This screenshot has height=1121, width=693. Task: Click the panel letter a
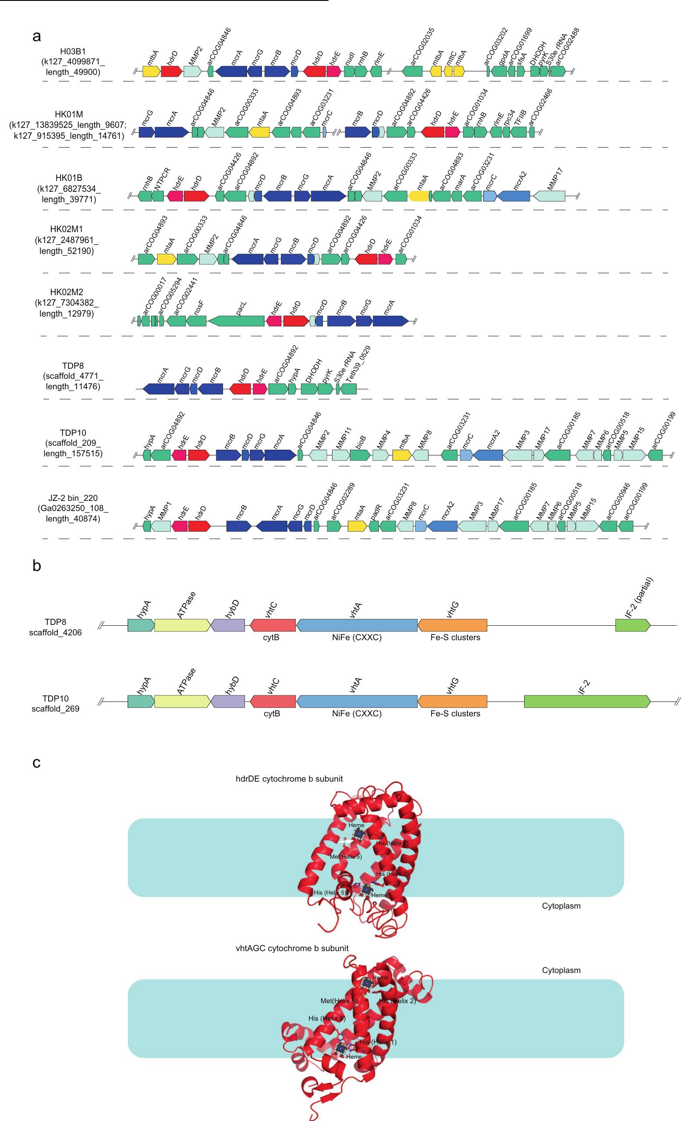(37, 36)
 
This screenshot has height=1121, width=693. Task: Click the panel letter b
(37, 566)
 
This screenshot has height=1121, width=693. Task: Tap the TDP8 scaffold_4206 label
(56, 626)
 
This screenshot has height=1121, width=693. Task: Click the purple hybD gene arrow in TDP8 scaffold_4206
(228, 625)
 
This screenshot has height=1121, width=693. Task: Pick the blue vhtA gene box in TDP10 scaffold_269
(357, 701)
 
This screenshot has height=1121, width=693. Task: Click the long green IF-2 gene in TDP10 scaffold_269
(587, 701)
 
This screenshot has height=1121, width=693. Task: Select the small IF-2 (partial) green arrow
(633, 625)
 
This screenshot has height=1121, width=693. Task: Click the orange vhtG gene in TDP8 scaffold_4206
(453, 625)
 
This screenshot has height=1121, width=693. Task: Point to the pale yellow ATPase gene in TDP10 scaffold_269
(182, 701)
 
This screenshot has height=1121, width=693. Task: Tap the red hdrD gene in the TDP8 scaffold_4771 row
(240, 389)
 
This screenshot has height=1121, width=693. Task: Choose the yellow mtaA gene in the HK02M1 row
(166, 259)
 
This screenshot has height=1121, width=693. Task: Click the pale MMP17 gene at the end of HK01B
(549, 196)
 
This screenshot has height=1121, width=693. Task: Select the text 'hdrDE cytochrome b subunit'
(289, 779)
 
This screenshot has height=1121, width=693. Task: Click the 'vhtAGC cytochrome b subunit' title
(292, 948)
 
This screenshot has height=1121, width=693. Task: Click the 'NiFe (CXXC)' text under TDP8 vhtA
(357, 637)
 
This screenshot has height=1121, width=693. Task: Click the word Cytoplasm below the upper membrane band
(561, 906)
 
